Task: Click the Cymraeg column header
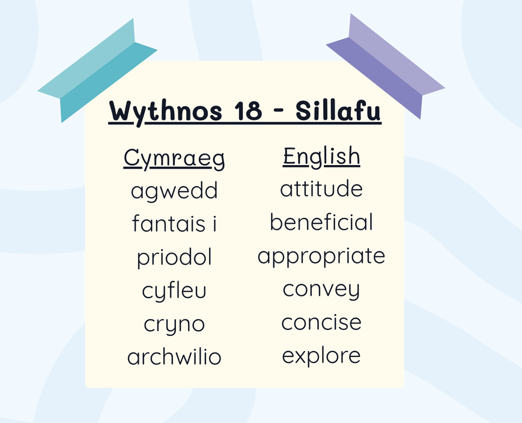tap(174, 158)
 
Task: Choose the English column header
tap(321, 157)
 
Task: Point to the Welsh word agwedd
tap(174, 191)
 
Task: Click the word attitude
tap(321, 188)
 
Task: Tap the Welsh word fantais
tap(168, 223)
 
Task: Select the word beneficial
tap(321, 222)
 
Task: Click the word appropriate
tap(321, 257)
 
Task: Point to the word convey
tap(321, 290)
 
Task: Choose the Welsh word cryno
tap(174, 325)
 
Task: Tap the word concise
tap(321, 322)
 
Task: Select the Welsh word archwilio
tap(174, 356)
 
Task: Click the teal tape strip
tap(98, 70)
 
